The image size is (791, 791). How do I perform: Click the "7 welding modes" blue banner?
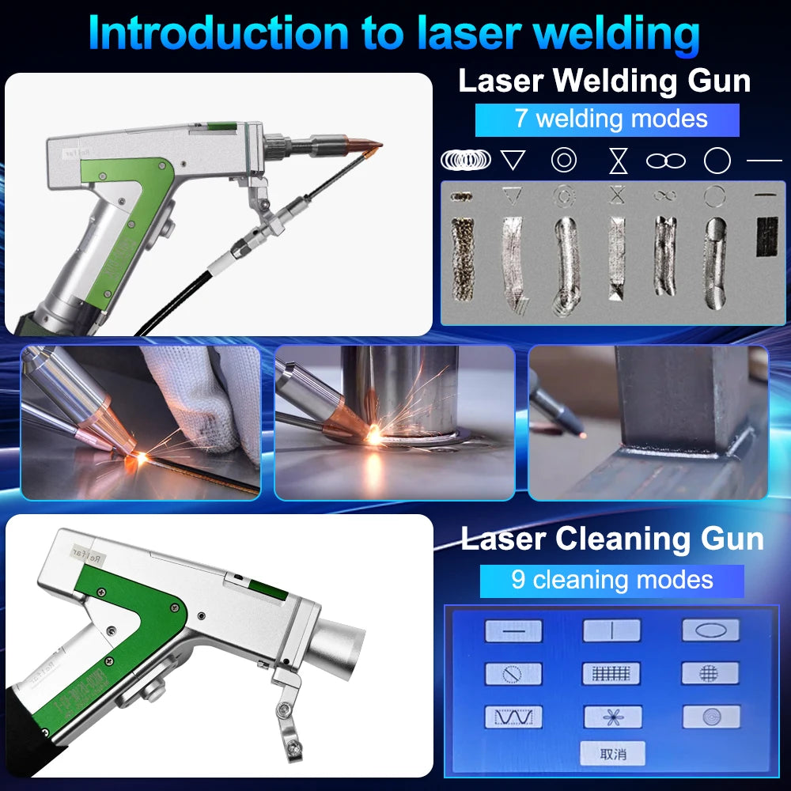(x=607, y=119)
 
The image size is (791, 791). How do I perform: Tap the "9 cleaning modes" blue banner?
(x=611, y=580)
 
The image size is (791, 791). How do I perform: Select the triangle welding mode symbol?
(x=513, y=161)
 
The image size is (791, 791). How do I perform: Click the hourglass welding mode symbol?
(x=618, y=161)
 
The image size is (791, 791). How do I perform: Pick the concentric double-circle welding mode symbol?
(x=563, y=161)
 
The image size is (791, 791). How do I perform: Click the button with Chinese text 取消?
(x=612, y=753)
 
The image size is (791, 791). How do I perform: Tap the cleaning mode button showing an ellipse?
(x=710, y=630)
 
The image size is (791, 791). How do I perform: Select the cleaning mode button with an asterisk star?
(x=612, y=717)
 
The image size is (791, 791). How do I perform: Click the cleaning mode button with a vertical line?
(x=612, y=630)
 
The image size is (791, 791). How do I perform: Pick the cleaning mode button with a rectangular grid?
(x=612, y=674)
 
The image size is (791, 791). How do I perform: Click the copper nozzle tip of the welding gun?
(x=366, y=146)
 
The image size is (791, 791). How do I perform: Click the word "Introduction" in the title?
(x=217, y=33)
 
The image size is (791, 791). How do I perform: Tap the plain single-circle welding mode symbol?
(x=717, y=161)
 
